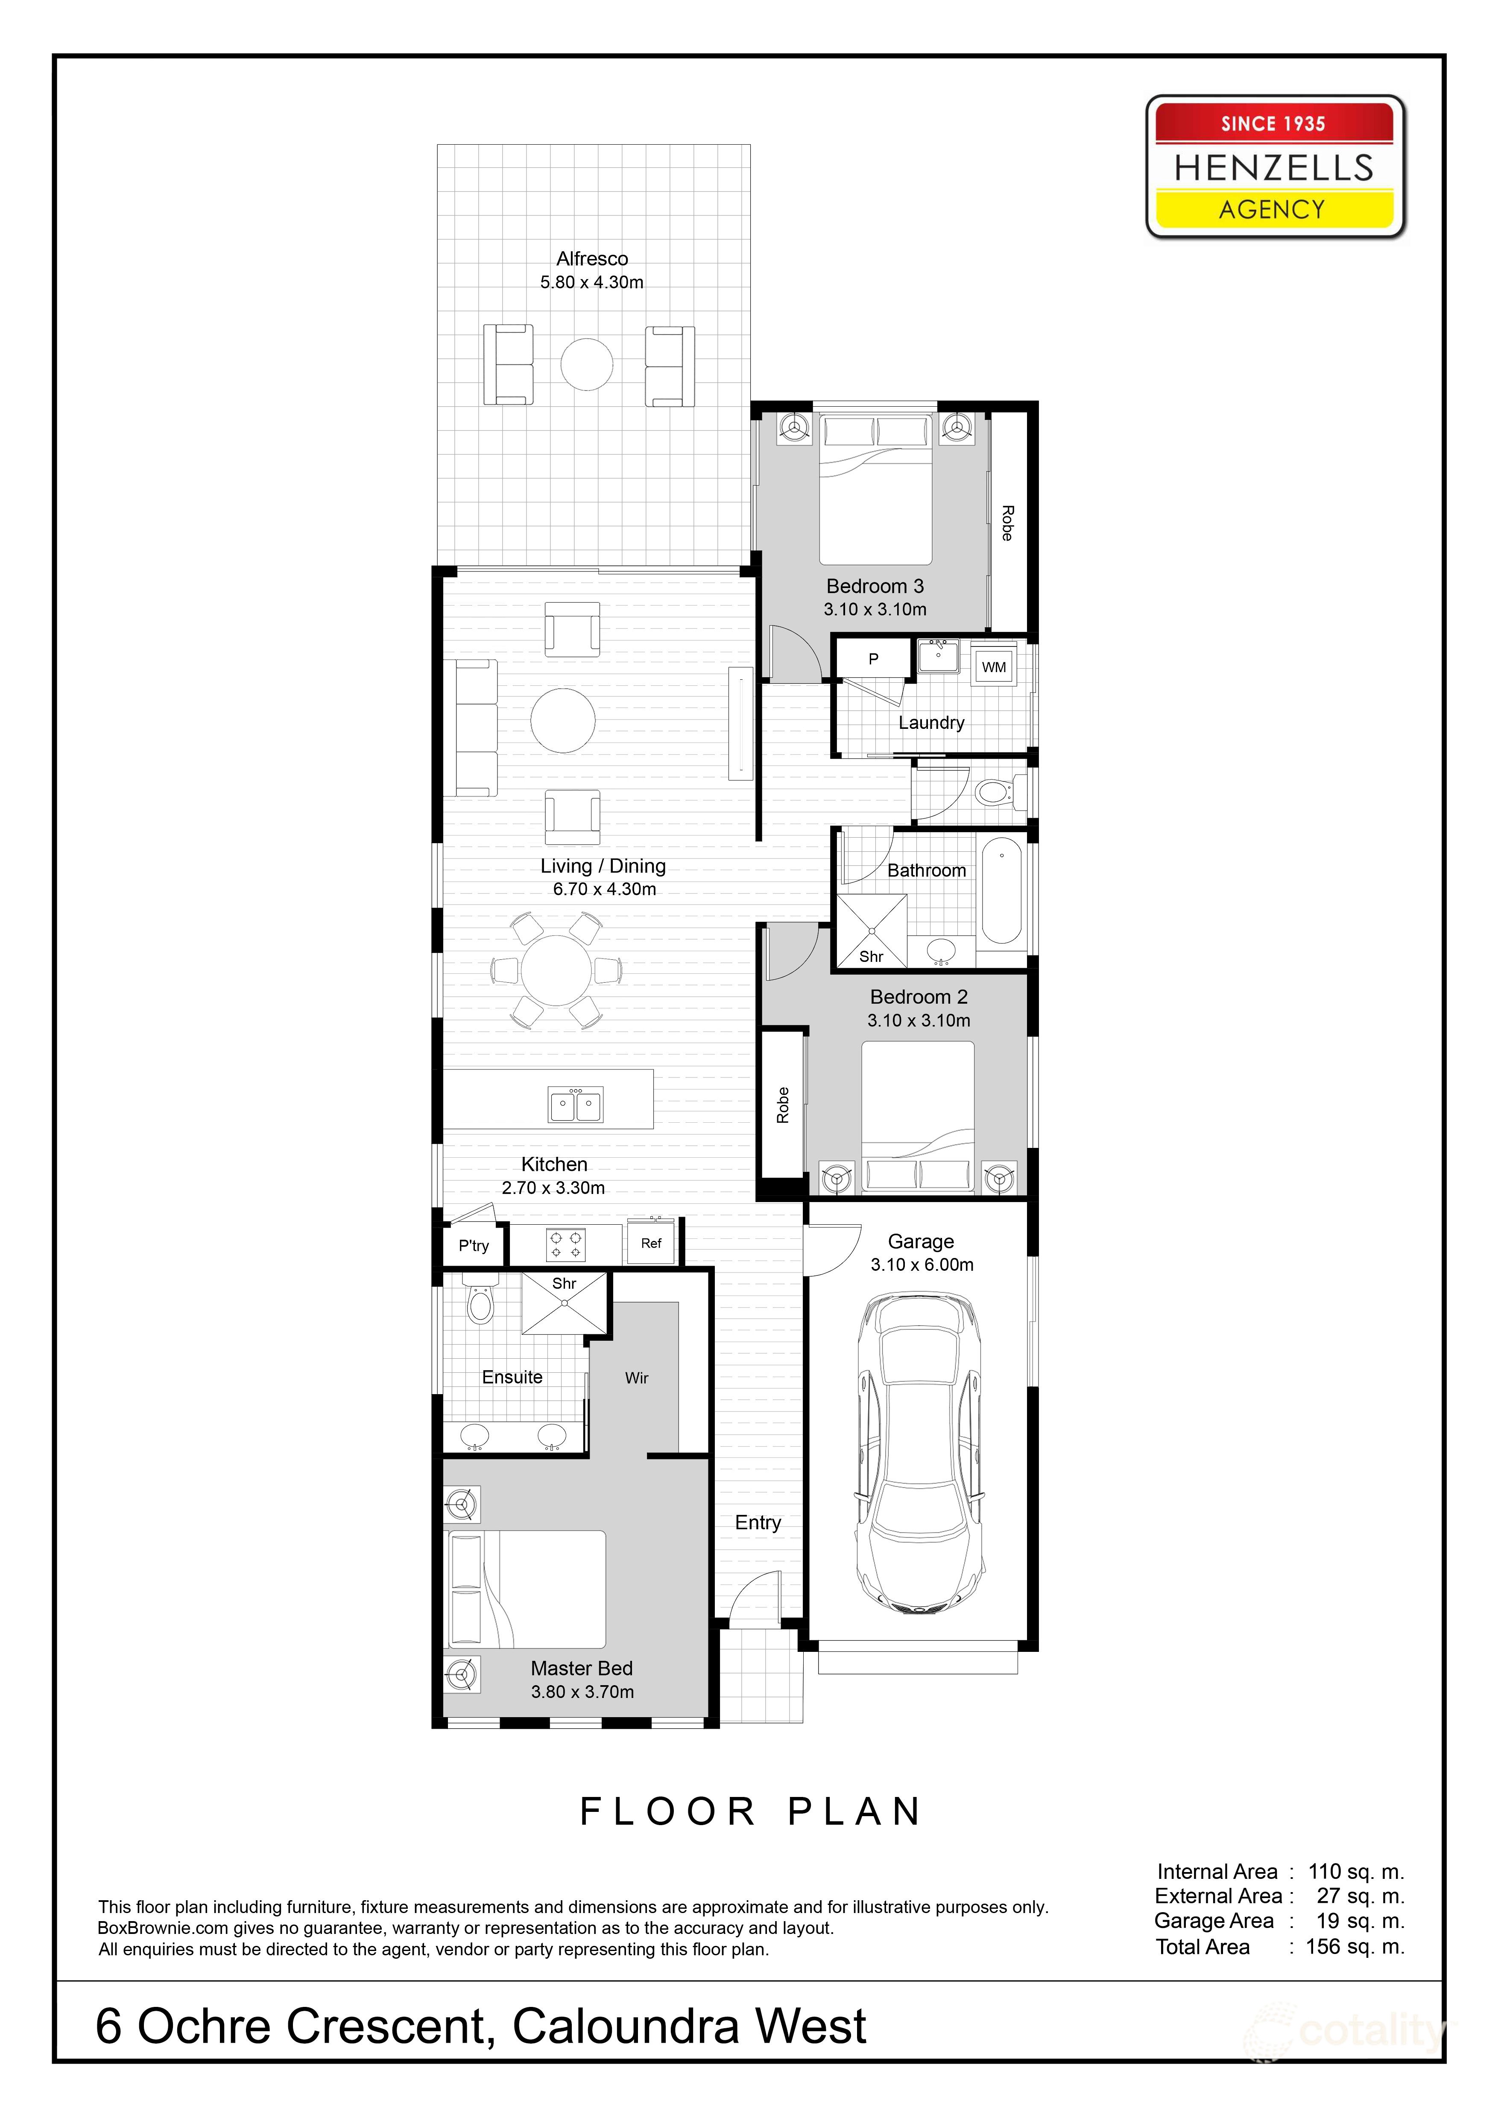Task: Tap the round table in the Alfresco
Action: [x=587, y=364]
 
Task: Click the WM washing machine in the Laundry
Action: [x=993, y=667]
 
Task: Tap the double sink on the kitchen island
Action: [x=576, y=1104]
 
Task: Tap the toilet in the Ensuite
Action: [x=480, y=1302]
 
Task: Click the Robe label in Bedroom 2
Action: [x=782, y=1105]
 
